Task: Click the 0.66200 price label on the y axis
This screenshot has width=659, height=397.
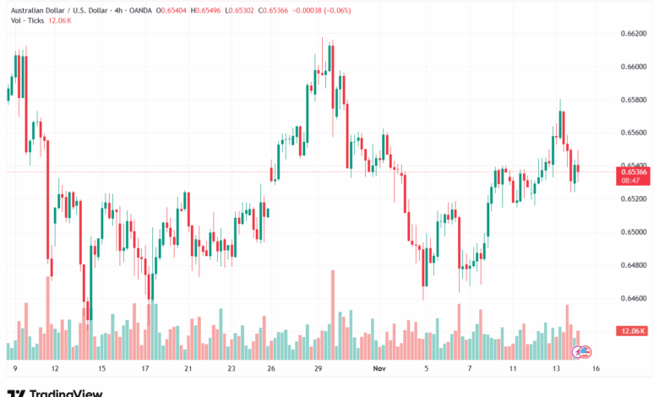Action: (x=634, y=34)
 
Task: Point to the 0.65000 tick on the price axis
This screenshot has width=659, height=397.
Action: (x=634, y=232)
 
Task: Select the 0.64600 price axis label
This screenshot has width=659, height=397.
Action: (x=634, y=298)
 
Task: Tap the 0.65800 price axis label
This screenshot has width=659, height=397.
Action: (x=634, y=100)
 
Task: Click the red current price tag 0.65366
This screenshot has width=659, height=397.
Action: (x=634, y=171)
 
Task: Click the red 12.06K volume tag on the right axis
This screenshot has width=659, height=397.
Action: (x=634, y=330)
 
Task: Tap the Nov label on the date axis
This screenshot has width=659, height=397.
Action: (x=380, y=369)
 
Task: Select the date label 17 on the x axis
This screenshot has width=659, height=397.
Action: (x=145, y=369)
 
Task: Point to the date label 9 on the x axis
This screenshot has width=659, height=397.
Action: (x=15, y=369)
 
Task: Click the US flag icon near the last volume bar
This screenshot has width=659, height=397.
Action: (x=586, y=351)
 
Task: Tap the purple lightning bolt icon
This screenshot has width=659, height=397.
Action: (x=578, y=351)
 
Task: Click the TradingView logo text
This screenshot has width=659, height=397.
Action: (x=66, y=392)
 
